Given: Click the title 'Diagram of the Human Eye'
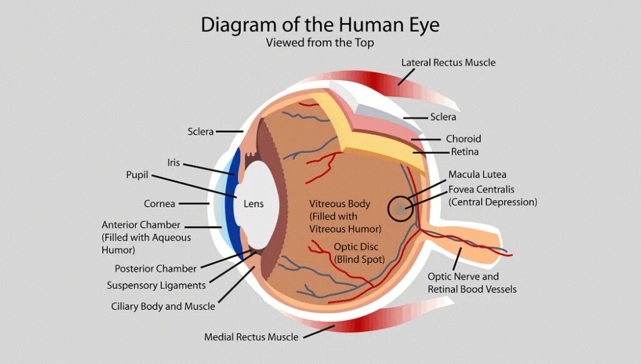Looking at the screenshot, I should click(x=320, y=25).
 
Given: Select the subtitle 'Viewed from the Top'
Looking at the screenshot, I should click(x=320, y=43).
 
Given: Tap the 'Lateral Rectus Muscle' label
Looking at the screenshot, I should click(x=448, y=63).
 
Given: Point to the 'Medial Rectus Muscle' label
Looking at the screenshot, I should click(x=251, y=337).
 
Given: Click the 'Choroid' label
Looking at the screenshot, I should click(x=463, y=138).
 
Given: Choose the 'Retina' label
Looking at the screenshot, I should click(x=464, y=152).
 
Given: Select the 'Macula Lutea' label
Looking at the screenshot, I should click(x=477, y=174).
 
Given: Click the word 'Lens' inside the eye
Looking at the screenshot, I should click(x=254, y=204).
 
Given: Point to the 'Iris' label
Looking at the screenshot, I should click(x=173, y=163).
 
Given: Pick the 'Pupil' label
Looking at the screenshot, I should click(x=137, y=175).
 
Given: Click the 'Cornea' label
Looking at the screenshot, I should click(x=160, y=204).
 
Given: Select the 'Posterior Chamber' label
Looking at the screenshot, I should click(x=155, y=269).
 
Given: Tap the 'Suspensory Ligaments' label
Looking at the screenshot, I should click(x=156, y=286).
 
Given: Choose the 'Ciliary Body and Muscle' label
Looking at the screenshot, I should click(x=163, y=306).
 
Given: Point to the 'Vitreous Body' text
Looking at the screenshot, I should click(x=339, y=204).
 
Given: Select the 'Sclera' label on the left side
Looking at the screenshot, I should click(x=200, y=132).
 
